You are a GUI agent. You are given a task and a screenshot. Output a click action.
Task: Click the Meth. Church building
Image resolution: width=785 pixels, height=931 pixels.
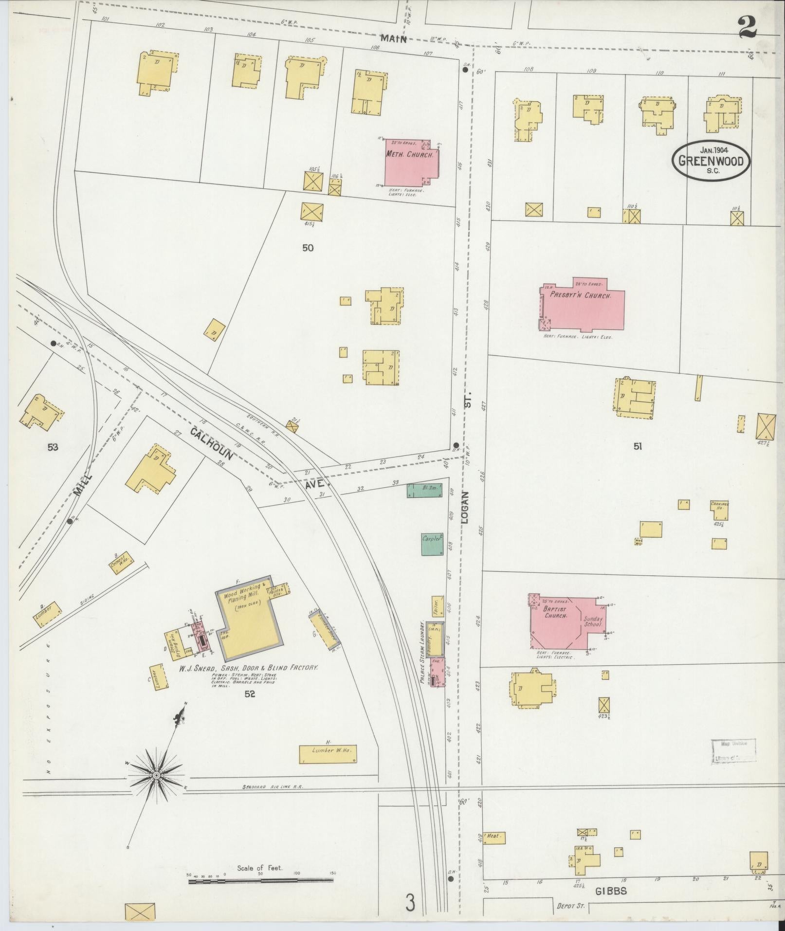click(x=412, y=162)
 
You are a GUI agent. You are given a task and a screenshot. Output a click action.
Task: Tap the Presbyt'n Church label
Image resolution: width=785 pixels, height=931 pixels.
click(x=580, y=295)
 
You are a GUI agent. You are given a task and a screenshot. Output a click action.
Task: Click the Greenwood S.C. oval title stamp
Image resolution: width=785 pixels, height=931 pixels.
click(x=711, y=161)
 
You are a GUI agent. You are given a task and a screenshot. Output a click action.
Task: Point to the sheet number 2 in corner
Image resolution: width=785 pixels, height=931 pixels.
click(x=748, y=26)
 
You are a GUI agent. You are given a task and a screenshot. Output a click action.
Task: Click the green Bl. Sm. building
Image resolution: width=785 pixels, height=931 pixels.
click(x=424, y=490)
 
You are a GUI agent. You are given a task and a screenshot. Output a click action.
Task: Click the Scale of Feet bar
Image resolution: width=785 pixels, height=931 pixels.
click(x=260, y=880)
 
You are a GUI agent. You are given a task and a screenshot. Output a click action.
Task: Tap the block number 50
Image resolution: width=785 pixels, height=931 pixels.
click(x=308, y=248)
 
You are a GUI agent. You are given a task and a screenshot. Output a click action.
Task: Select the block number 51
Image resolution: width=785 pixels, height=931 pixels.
click(x=638, y=446)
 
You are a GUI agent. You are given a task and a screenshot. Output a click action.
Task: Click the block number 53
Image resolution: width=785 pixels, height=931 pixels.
click(x=53, y=447)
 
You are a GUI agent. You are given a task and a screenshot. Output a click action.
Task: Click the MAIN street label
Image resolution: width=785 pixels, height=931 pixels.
click(x=394, y=38)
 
